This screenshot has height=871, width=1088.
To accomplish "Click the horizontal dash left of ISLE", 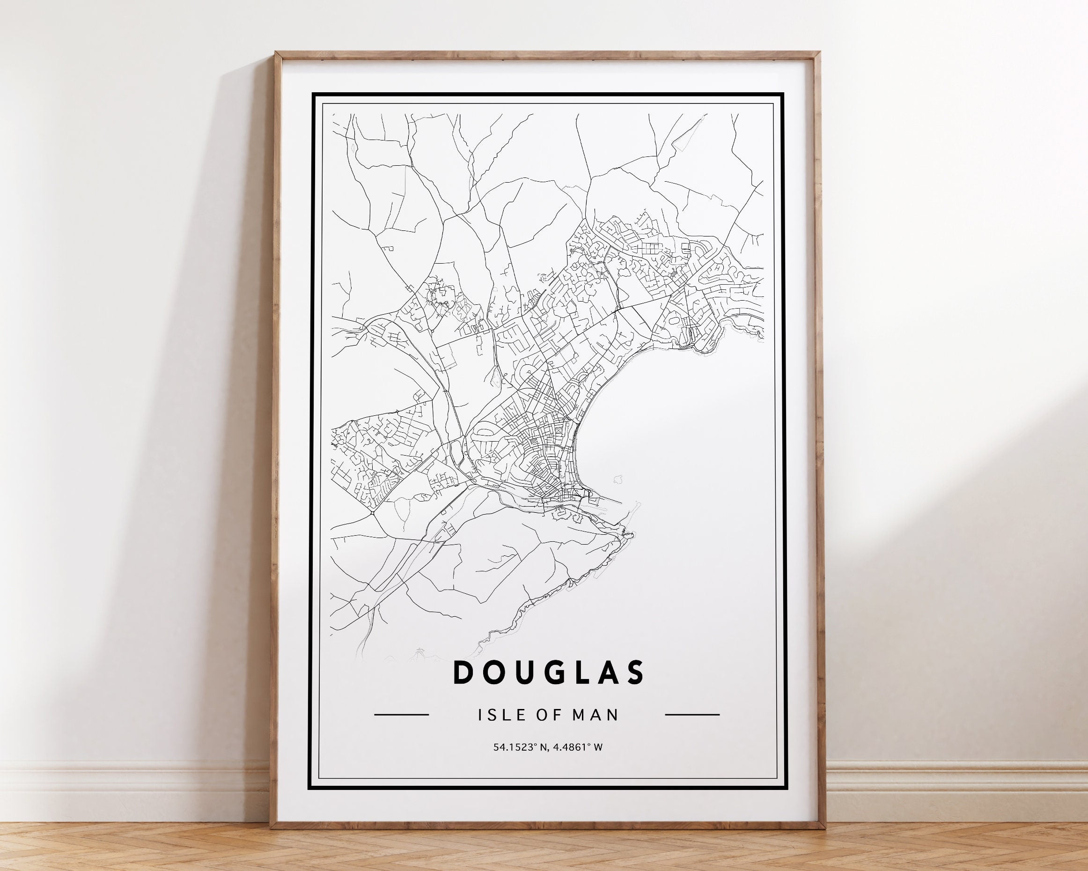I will click(x=402, y=715).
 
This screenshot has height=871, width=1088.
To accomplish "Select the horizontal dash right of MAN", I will click(x=692, y=715).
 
